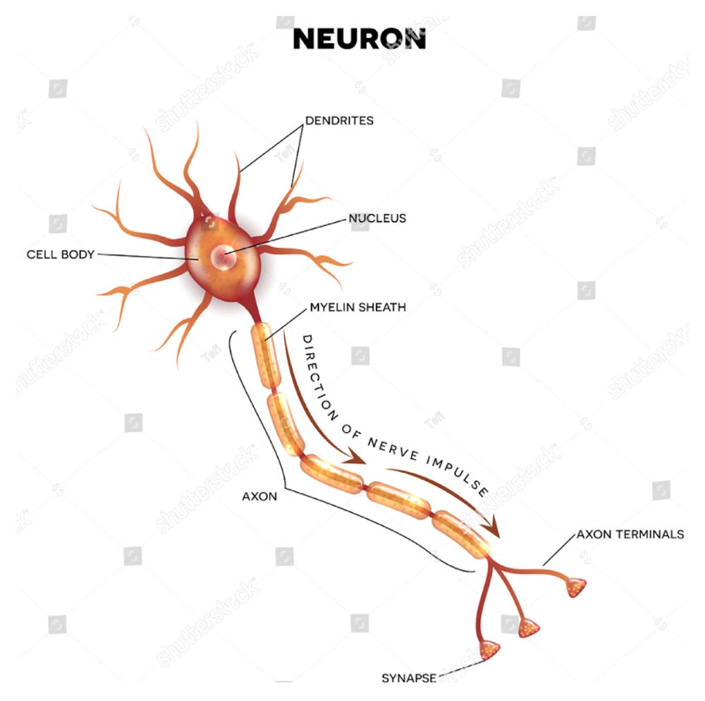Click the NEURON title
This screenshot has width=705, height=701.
click(359, 39)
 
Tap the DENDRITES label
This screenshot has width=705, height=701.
click(340, 121)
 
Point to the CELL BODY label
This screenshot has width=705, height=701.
click(61, 254)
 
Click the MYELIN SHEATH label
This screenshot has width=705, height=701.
click(357, 308)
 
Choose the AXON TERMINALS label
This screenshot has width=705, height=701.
click(630, 534)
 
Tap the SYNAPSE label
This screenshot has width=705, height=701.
click(409, 678)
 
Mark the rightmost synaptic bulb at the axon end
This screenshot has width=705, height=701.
click(576, 586)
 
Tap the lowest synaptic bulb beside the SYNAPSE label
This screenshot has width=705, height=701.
click(489, 649)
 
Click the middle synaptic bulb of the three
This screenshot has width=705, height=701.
click(528, 626)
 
